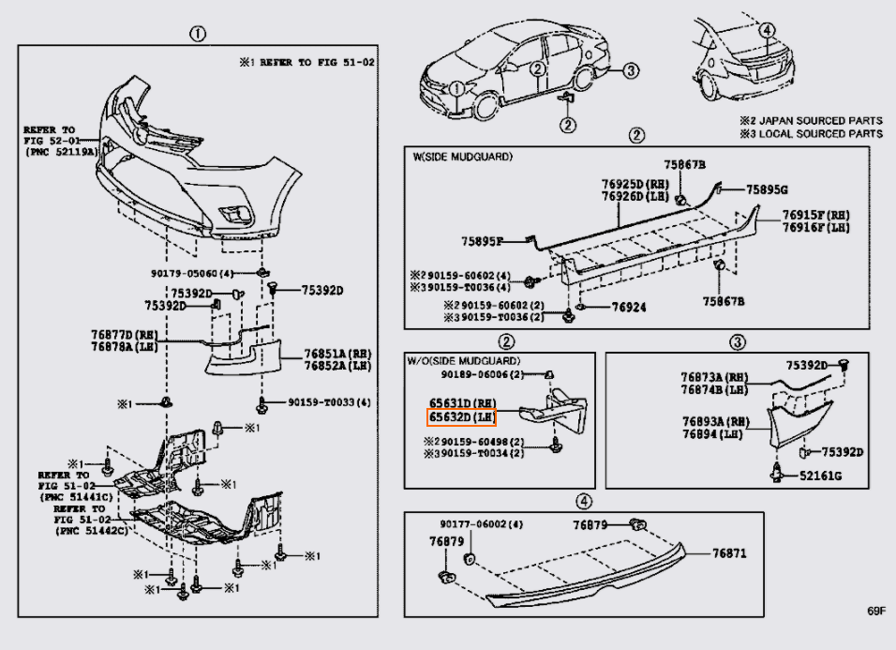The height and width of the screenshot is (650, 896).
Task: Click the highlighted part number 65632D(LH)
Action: [462, 416]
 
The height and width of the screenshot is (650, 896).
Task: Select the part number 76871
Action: [729, 554]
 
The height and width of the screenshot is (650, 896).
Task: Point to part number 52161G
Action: [821, 476]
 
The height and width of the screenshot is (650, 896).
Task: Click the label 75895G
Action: [768, 189]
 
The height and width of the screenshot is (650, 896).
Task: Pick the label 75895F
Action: [481, 241]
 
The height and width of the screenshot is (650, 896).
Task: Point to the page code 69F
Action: [875, 612]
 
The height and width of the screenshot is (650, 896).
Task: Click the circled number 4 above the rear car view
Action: [767, 29]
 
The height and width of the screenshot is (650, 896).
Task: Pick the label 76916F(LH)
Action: [816, 228]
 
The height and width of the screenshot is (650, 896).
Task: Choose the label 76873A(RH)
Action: [713, 377]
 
